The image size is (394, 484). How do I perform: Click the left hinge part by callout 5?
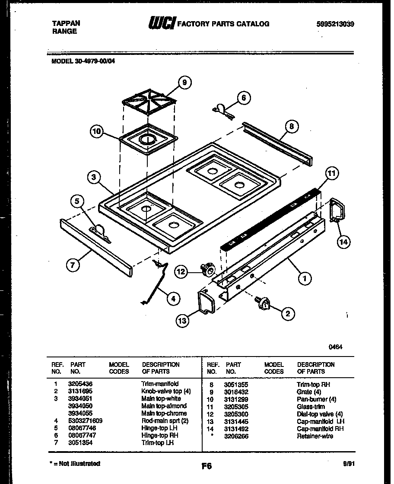coord(99,232)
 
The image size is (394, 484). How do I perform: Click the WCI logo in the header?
coord(161,23)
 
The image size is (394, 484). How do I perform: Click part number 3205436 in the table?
coord(80,384)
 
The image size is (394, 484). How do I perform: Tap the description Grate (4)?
coord(308,392)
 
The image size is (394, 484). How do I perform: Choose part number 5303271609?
coord(85,420)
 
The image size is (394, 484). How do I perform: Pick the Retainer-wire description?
coord(315,436)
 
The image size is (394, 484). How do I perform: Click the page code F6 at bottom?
coord(207,466)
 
